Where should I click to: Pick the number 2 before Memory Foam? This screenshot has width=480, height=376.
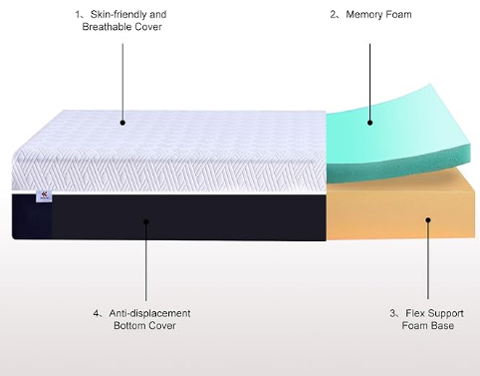click(335, 15)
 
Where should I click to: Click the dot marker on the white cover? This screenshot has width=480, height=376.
click(122, 123)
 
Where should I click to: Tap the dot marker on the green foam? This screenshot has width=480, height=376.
click(369, 123)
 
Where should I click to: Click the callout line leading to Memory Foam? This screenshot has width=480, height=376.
click(369, 75)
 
